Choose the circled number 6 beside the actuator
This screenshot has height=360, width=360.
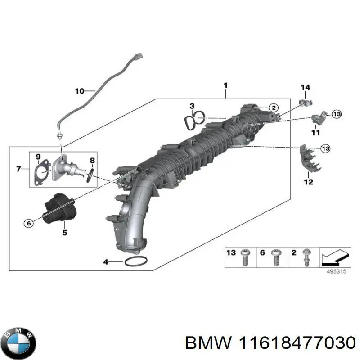pos(28,223)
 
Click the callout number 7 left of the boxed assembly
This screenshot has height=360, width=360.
pos(18,169)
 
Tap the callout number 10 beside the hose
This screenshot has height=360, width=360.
pos(79,91)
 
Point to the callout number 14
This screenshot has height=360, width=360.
pos(306,87)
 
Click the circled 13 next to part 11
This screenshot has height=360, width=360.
pos(337,114)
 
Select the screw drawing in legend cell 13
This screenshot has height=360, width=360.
pos(246,257)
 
